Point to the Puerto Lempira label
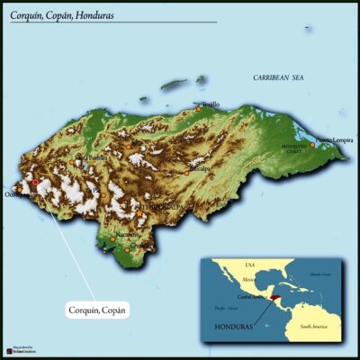(x=335, y=140)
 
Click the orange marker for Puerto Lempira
(x=313, y=144)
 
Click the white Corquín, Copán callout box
(x=98, y=310)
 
